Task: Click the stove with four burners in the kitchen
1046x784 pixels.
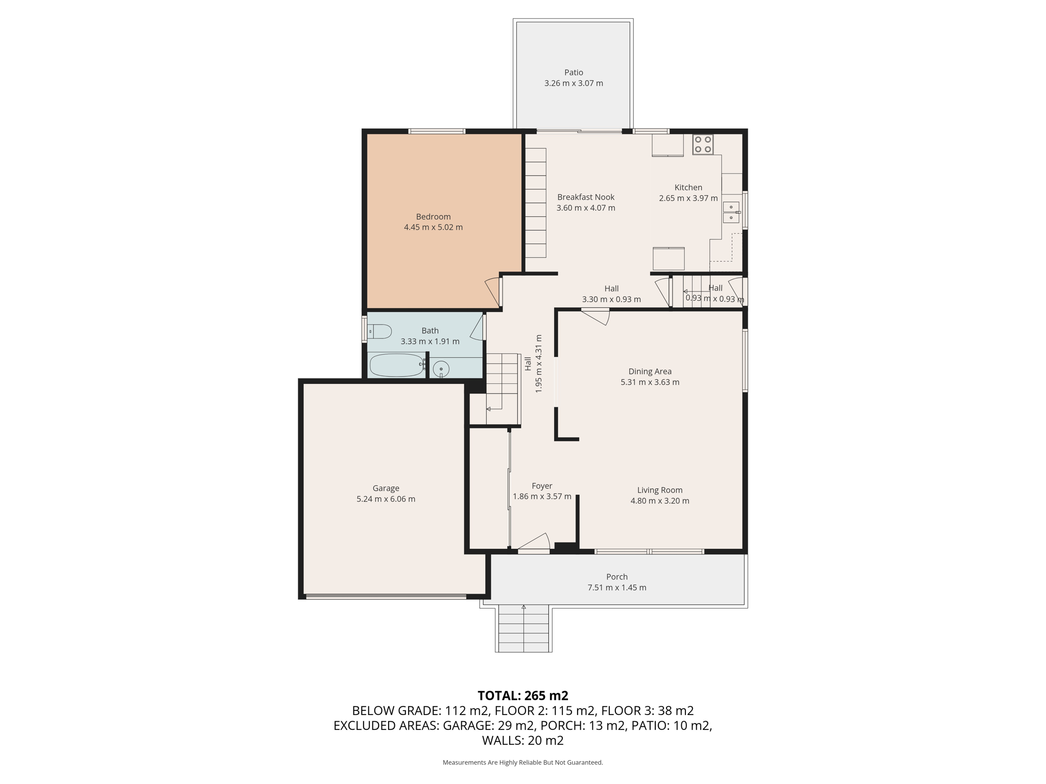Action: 703,144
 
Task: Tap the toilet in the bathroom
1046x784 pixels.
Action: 379,332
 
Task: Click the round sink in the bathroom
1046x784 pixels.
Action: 441,369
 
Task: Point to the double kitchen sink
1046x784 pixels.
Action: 731,212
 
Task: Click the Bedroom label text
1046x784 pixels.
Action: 433,216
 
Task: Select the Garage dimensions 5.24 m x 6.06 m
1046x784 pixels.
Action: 386,499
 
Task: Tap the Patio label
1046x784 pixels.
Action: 574,72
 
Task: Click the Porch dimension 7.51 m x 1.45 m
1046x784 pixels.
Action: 616,587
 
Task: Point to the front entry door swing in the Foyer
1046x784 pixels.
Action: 535,542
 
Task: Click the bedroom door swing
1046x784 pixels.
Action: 492,292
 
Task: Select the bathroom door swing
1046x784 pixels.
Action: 478,328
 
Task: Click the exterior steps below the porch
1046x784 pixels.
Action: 524,629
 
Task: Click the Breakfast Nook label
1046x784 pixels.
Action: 586,197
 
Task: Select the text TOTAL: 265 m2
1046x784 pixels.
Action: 522,696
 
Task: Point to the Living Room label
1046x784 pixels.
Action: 659,490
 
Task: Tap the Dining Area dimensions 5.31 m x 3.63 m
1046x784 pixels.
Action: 650,382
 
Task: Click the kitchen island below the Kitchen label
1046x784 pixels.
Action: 669,258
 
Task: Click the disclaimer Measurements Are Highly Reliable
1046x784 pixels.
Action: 522,763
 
